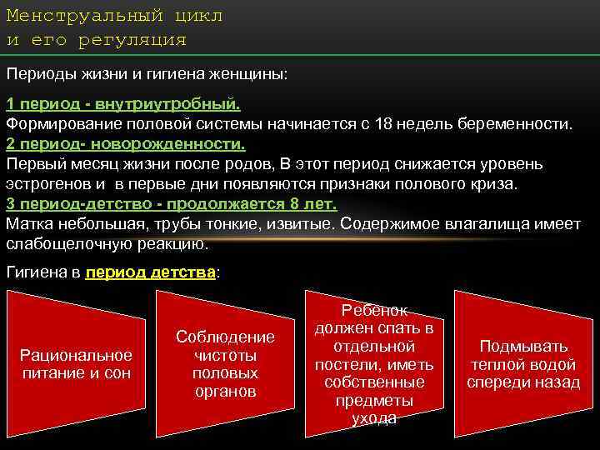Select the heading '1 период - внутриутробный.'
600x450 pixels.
coord(123,106)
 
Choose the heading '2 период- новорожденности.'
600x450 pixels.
coord(126,143)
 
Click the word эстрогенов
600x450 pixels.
coord(49,182)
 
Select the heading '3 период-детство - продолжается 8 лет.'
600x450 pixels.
coord(171,204)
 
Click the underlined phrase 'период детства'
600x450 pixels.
coord(150,272)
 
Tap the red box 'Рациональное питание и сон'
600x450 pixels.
coord(76,365)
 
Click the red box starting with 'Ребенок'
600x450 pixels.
coord(373,364)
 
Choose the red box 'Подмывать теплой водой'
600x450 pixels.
coord(522,364)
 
